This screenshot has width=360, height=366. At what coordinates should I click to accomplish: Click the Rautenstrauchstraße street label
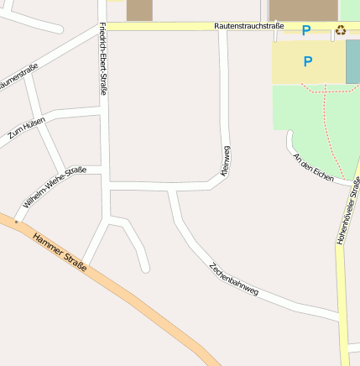248,27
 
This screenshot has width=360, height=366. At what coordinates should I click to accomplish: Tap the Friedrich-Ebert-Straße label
102,58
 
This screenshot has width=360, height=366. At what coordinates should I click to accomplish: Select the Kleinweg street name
225,160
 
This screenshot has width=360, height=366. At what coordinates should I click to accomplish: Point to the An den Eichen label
313,167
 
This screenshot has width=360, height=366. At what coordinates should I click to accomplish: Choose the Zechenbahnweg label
233,280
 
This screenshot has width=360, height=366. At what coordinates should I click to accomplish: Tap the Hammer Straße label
60,253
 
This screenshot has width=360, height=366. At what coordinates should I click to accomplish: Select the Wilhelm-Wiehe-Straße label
55,187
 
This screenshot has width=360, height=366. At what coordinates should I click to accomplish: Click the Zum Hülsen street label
26,128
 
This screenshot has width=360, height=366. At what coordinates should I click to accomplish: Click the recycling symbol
341,30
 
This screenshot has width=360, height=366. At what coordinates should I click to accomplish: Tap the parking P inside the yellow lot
308,61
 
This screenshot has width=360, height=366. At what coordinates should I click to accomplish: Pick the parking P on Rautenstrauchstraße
306,30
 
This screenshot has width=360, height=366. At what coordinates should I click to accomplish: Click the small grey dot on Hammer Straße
16,222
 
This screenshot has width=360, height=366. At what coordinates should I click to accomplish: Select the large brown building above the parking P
303,10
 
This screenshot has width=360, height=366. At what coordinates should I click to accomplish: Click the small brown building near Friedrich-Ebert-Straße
140,9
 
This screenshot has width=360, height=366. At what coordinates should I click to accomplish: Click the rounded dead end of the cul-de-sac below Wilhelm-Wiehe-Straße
145,269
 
